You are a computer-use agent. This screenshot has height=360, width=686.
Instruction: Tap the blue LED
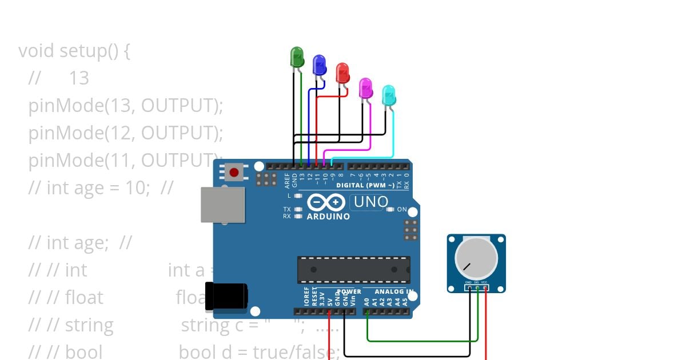pos(319,65)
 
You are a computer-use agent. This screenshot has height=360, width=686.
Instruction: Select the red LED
pos(342,73)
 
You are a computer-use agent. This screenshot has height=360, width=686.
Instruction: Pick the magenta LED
pos(365,87)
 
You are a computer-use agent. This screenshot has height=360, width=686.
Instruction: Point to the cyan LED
pos(388,95)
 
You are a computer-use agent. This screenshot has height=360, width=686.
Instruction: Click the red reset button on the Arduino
pos(233,171)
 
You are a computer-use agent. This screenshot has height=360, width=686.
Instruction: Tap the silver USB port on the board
pos(222,205)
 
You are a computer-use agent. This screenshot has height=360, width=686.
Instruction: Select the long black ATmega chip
pos(353,270)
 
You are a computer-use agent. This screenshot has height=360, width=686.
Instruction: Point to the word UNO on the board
pos(371,202)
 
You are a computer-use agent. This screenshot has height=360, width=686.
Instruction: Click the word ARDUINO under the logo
pos(328,217)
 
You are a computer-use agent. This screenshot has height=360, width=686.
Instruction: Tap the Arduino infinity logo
pos(326,202)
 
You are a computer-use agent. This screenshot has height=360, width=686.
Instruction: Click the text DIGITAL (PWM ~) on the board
pos(365,186)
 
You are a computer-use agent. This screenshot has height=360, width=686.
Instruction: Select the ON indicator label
pos(402,210)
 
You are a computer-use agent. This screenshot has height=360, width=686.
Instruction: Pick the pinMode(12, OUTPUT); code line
pos(125,133)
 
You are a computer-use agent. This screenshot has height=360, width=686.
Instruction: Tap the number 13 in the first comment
pos(79,78)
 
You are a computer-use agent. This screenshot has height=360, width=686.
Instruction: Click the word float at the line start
pos(84,298)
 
